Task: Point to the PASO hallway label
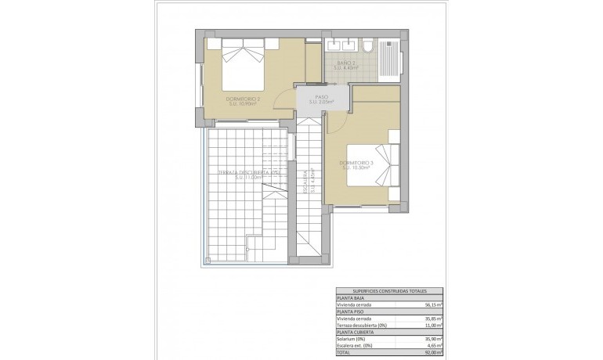[321, 99]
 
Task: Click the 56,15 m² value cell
[433, 304]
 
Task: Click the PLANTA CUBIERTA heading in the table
[357, 330]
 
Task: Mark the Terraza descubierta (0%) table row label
[365, 324]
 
